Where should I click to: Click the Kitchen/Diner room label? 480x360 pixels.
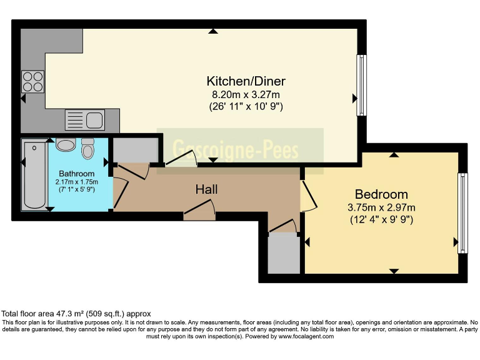tap(246, 81)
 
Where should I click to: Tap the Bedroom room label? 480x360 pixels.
tap(381, 194)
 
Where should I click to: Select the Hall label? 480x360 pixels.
tap(207, 189)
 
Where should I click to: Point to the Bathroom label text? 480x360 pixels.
tap(76, 174)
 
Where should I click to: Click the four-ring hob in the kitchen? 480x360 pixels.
tap(32, 81)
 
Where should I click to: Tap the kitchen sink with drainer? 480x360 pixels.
tap(85, 120)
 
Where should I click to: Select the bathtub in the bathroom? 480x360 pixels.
tap(34, 174)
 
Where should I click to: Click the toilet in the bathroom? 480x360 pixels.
tap(88, 149)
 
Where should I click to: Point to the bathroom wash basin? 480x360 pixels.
tap(66, 144)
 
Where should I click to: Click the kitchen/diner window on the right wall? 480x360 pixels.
tap(361, 85)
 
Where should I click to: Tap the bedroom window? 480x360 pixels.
tap(462, 213)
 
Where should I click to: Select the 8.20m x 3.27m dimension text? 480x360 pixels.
tap(246, 94)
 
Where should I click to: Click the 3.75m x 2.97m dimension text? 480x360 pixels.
tap(381, 207)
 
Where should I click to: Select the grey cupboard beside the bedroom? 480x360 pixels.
tap(284, 253)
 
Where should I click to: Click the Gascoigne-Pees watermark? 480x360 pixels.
tap(235, 150)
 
